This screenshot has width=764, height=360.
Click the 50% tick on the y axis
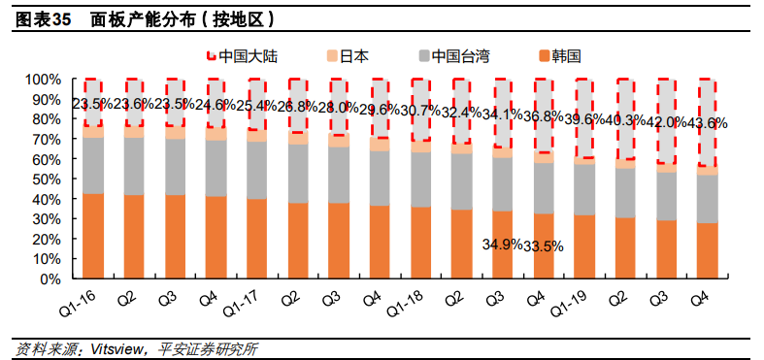(x=46, y=180)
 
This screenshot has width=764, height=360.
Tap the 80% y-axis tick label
(x=46, y=119)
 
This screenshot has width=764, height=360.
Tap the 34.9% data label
(x=502, y=245)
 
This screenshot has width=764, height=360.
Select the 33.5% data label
(x=544, y=245)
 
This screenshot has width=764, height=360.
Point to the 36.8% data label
(x=543, y=116)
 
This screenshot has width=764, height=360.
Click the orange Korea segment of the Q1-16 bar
(x=93, y=236)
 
